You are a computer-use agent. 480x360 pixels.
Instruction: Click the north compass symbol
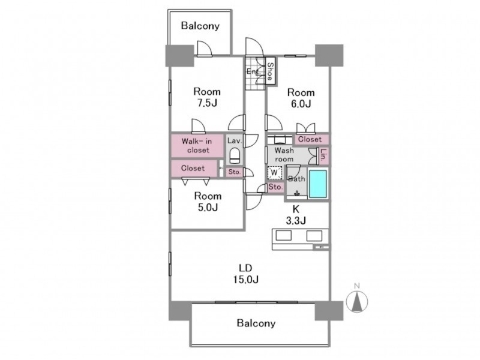(358, 299)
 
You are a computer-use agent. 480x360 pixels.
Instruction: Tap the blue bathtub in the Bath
(318, 183)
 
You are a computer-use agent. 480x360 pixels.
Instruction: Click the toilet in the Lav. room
(234, 157)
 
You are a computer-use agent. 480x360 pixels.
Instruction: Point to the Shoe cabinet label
(271, 72)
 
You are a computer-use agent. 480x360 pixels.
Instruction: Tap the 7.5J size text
(206, 103)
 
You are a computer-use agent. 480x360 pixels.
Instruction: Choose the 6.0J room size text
(300, 104)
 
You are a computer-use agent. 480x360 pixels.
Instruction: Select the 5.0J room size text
(206, 208)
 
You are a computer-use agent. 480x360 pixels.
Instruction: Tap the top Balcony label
(200, 26)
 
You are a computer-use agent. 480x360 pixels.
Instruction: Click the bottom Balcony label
(256, 323)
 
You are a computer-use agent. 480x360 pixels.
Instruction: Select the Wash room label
(284, 155)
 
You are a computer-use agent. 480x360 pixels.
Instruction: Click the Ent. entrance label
(253, 72)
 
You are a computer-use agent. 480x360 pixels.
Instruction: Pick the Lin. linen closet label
(323, 155)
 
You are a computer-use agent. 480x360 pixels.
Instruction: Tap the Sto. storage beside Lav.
(235, 172)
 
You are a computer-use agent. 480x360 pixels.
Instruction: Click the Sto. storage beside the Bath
(275, 188)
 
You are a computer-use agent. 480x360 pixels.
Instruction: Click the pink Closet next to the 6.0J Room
(310, 139)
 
